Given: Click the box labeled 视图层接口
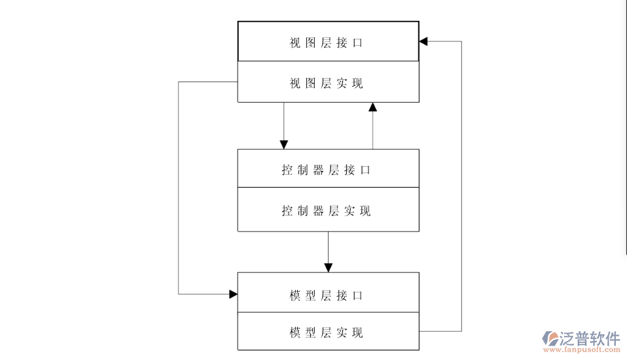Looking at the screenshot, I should (x=328, y=42).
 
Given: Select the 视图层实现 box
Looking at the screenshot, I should (x=328, y=82).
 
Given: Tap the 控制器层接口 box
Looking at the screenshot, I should (x=328, y=169).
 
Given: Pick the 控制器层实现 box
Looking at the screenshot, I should (x=328, y=210).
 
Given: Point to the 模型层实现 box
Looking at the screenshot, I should (x=328, y=332).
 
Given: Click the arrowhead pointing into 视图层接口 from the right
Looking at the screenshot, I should (x=423, y=41).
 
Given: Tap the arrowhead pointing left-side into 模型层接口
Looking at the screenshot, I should (x=233, y=294).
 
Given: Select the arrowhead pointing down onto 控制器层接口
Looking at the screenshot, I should (x=284, y=145).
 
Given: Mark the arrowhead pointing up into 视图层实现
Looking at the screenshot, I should (x=373, y=107).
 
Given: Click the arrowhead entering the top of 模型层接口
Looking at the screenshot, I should (x=329, y=268).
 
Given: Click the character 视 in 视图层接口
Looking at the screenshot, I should (x=295, y=43).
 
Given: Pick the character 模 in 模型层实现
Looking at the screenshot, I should (x=295, y=333).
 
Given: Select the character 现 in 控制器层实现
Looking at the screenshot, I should (x=365, y=211).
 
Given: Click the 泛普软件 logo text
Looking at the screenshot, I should (x=590, y=338).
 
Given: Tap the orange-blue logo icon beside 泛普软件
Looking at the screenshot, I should (x=550, y=339).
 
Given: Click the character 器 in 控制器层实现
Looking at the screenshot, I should (x=318, y=211).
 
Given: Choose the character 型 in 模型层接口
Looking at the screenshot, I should (x=310, y=295).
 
